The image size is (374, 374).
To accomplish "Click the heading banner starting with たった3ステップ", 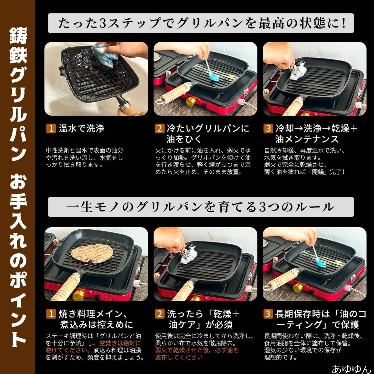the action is point(201,23).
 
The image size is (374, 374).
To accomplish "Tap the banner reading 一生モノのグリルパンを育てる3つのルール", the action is point(201,207).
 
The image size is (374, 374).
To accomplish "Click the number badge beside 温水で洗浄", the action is point(51,128).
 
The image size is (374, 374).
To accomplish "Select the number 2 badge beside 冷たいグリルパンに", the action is point(160,128).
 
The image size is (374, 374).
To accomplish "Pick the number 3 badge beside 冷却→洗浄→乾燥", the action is point(269,128).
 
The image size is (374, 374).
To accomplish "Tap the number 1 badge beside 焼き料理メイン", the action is point(51,314).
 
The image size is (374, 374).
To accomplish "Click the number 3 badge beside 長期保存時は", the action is point(268,314).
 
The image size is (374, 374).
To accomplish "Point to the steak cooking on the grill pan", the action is point(90,253).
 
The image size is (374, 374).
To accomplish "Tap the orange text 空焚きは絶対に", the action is point(120,343).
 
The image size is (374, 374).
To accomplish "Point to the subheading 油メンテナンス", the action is point(307,139).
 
